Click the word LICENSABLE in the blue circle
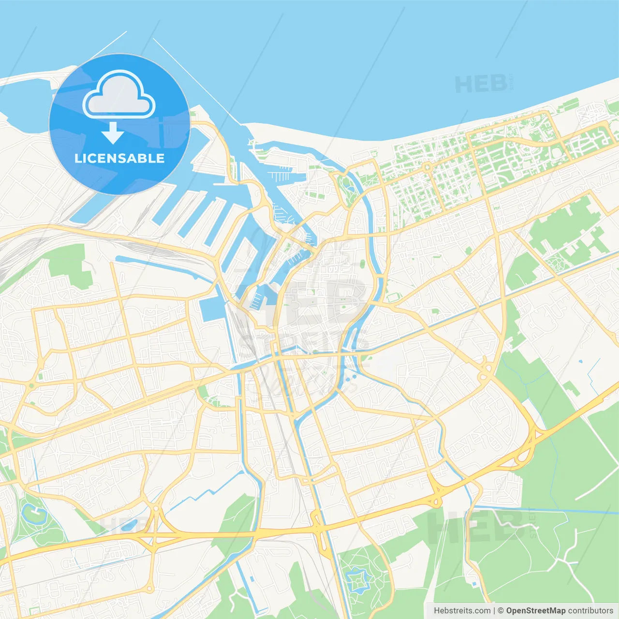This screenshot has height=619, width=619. (x=119, y=158)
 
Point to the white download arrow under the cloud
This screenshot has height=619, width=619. (x=113, y=133)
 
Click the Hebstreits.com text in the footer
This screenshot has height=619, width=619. (x=462, y=611)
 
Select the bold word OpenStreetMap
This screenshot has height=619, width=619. (x=535, y=611)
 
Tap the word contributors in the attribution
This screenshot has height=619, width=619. (x=590, y=611)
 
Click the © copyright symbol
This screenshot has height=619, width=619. (x=501, y=611)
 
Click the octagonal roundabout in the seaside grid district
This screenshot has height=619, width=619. (x=427, y=167)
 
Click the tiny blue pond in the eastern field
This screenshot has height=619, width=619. (x=580, y=361)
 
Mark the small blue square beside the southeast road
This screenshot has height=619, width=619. (x=474, y=584)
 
